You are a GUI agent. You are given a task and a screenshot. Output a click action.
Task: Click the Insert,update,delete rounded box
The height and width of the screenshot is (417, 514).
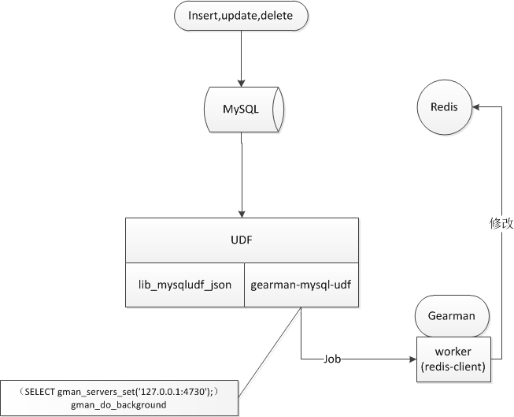tap(242, 17)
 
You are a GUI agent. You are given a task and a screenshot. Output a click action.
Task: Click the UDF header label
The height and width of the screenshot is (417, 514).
tap(242, 240)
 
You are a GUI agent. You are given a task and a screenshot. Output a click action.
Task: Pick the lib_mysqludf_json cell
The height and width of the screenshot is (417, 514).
tap(185, 285)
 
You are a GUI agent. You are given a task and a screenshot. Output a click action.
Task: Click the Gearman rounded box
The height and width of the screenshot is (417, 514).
tap(451, 316)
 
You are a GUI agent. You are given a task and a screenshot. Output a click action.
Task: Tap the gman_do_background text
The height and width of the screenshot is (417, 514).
tap(118, 404)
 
